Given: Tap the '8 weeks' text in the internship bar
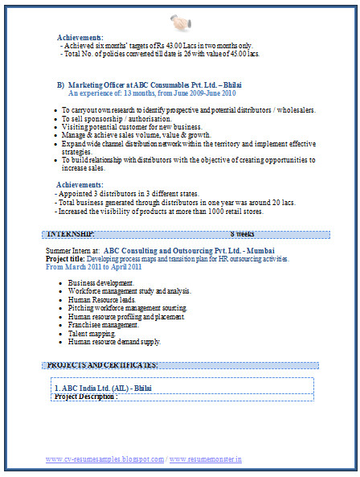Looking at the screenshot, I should [x=242, y=233].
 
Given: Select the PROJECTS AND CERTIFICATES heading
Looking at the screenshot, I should [x=102, y=365].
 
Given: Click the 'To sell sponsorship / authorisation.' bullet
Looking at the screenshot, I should [x=131, y=117].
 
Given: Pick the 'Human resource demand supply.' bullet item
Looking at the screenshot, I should [x=115, y=341].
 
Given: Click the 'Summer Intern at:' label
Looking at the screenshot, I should [x=72, y=251].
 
